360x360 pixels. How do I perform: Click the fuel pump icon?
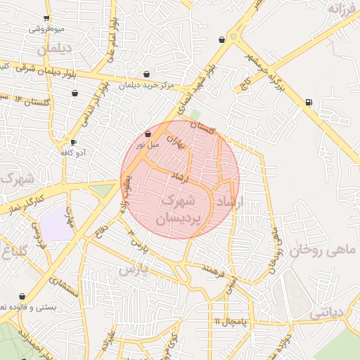tap(309, 103)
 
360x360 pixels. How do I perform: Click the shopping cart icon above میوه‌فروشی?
tap(46, 18)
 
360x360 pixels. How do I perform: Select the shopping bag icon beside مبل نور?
tap(148, 133)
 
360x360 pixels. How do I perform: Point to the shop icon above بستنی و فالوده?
tap(22, 297)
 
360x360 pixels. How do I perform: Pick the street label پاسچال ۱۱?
tap(232, 322)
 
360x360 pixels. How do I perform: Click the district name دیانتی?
tap(326, 311)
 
